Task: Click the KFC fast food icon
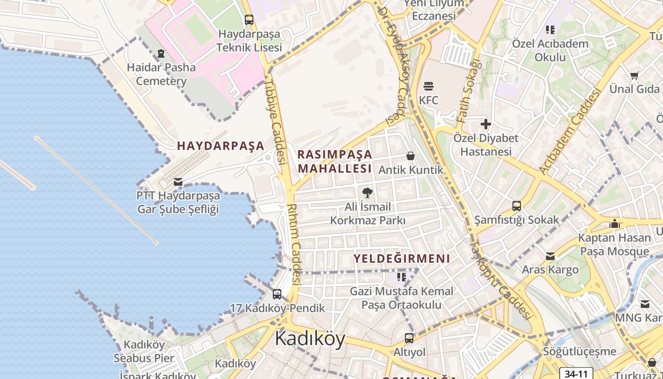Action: pyautogui.click(x=429, y=86)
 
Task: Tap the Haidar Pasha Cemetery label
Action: pyautogui.click(x=161, y=74)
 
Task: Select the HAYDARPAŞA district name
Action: pyautogui.click(x=221, y=146)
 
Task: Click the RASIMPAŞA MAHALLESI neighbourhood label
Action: pyautogui.click(x=335, y=162)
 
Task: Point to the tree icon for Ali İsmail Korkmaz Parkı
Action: pyautogui.click(x=367, y=192)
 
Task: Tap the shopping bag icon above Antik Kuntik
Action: pyautogui.click(x=411, y=156)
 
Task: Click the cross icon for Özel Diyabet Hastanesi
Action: pyautogui.click(x=486, y=124)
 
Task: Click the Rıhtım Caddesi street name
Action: pyautogui.click(x=294, y=244)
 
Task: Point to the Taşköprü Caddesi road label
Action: pyautogui.click(x=500, y=280)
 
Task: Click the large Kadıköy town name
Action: pyautogui.click(x=310, y=339)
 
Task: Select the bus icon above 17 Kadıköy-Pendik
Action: pyautogui.click(x=277, y=294)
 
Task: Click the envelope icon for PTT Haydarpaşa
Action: pyautogui.click(x=178, y=181)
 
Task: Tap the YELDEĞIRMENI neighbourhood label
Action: pyautogui.click(x=402, y=259)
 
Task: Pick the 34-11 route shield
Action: pyautogui.click(x=576, y=374)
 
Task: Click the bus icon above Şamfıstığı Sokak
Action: pyautogui.click(x=517, y=206)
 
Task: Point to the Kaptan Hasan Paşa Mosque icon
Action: pyautogui.click(x=615, y=224)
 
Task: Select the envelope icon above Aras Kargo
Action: pyautogui.click(x=550, y=256)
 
